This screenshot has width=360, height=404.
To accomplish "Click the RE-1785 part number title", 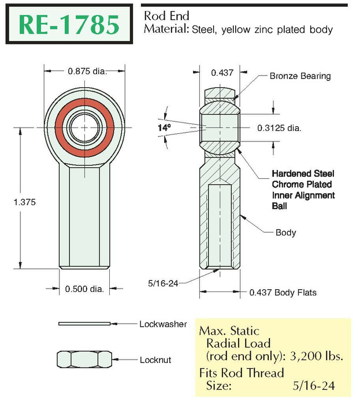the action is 69,24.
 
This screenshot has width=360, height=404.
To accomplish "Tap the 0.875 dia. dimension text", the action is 87,71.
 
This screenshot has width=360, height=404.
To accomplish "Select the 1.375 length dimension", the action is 24,202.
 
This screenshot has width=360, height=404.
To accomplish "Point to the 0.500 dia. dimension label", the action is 84,289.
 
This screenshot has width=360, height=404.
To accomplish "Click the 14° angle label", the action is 164,128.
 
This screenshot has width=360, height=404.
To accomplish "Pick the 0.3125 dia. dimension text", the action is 279,128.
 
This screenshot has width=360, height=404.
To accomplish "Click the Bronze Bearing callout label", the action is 300,76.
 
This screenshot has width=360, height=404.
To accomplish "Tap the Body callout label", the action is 285,233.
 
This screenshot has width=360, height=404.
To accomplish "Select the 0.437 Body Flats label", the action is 283,293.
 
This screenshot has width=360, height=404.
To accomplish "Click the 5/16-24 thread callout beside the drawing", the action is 163,283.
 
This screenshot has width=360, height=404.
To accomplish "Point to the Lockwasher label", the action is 163,324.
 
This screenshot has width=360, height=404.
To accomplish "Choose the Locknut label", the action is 155,360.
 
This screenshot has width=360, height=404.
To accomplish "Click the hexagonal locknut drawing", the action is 84,359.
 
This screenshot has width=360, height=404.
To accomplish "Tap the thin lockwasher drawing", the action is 84,324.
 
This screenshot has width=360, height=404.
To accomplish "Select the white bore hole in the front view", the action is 84,128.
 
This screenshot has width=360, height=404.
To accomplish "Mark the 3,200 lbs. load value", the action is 317,356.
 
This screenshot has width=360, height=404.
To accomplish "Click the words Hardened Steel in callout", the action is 303,174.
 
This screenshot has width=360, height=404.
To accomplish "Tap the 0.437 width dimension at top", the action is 222,73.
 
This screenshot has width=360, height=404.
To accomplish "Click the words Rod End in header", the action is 166,16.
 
